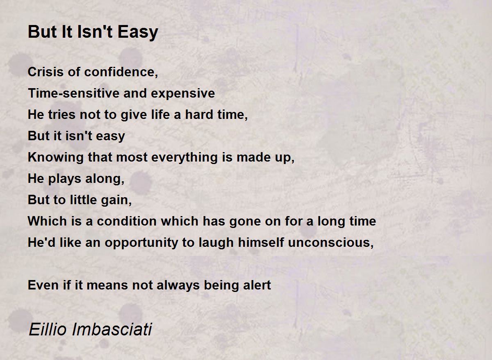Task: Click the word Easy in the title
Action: (x=138, y=32)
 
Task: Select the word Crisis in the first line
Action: (x=46, y=72)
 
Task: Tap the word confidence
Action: (x=121, y=72)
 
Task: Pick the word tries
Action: (x=61, y=114)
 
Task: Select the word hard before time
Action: (x=199, y=114)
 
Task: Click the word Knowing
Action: (x=56, y=158)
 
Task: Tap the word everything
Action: (x=184, y=158)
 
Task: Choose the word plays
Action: (x=65, y=179)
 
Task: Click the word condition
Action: (x=127, y=221)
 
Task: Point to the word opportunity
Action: (x=141, y=243)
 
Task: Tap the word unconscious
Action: (x=331, y=242)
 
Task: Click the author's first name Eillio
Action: (x=48, y=329)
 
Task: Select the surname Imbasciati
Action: (x=112, y=329)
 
